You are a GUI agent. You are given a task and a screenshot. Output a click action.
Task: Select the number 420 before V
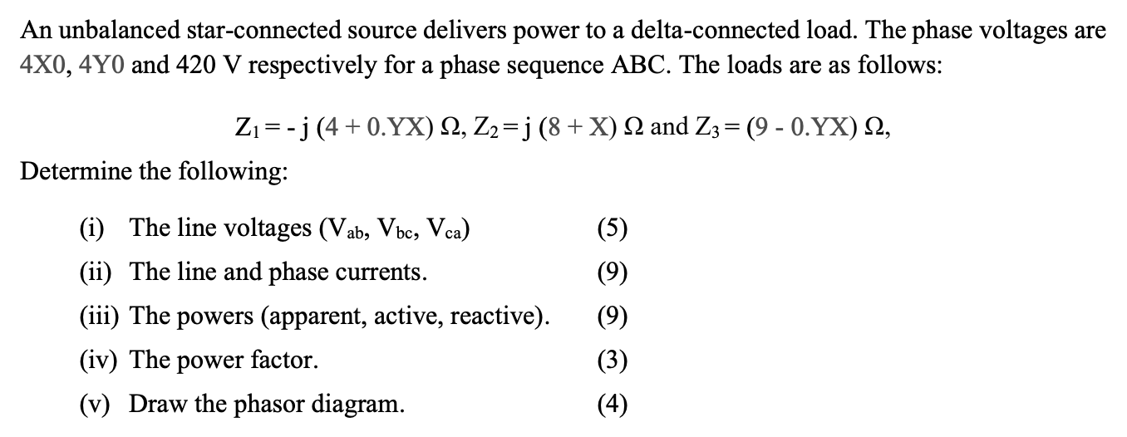pos(194,66)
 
